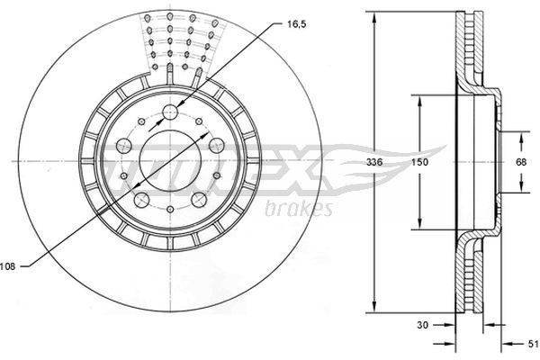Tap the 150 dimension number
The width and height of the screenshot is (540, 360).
coord(420,163)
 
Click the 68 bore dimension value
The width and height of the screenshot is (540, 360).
coord(520,163)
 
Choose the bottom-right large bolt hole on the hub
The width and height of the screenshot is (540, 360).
coord(198,200)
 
